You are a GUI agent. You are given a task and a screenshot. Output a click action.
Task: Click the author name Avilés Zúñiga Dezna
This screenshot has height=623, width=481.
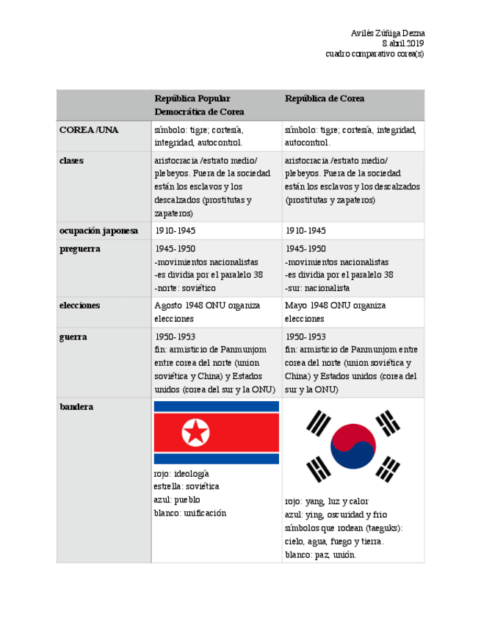tap(387, 33)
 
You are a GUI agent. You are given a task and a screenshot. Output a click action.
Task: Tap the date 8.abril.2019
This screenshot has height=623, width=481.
tap(402, 43)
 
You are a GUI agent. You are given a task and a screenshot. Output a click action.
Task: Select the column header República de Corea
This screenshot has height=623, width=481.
tap(325, 98)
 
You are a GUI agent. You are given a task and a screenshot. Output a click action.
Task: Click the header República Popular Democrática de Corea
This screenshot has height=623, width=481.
tap(199, 105)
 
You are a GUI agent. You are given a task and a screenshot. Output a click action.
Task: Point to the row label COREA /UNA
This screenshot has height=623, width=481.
tap(89, 129)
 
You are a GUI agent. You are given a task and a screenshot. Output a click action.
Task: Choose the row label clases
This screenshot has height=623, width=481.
tap(71, 160)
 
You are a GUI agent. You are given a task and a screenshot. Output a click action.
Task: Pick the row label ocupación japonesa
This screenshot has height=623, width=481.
tap(98, 231)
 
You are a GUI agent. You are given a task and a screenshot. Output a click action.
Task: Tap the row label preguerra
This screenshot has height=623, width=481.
tap(80, 248)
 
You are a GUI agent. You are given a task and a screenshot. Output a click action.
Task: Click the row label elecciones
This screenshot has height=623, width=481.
tap(79, 305)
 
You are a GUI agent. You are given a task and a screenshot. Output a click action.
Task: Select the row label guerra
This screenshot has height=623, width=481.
tap(73, 336)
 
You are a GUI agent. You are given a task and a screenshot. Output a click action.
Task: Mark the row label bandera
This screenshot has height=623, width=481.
tap(76, 406)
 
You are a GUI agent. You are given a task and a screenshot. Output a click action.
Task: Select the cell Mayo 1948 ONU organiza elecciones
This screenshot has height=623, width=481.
tap(335, 312)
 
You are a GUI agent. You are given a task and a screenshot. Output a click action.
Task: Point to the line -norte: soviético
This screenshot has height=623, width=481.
tap(185, 288)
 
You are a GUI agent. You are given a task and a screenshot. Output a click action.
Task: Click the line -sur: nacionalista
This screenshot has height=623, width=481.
tap(317, 288)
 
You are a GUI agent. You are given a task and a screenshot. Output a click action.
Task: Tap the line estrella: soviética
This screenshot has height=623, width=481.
tap(187, 486)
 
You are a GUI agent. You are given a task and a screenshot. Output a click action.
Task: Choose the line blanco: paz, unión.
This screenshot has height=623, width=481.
tap(320, 555)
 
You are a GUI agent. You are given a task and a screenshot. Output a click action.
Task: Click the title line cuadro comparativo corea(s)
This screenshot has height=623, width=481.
tap(375, 54)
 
